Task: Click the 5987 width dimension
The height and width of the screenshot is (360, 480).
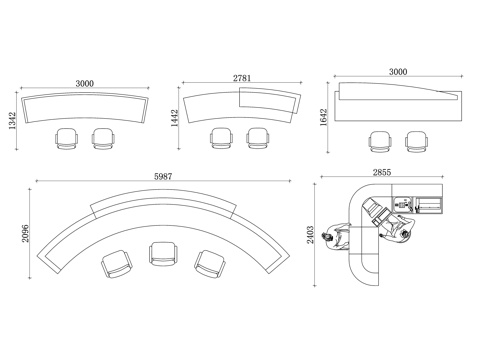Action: click(x=163, y=176)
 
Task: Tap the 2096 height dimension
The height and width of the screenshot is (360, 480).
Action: click(x=26, y=233)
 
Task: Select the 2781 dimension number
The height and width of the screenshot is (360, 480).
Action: click(x=242, y=78)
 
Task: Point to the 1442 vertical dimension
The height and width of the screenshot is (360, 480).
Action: click(x=175, y=118)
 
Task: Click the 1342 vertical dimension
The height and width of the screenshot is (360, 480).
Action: click(x=12, y=121)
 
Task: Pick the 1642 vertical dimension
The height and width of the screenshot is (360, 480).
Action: click(x=324, y=117)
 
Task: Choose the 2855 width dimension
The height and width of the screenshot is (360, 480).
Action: click(x=382, y=172)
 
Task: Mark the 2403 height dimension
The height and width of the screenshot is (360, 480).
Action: click(x=310, y=235)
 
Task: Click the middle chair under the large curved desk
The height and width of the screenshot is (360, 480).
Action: click(x=163, y=254)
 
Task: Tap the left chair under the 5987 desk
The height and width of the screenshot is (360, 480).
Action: click(x=117, y=264)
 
